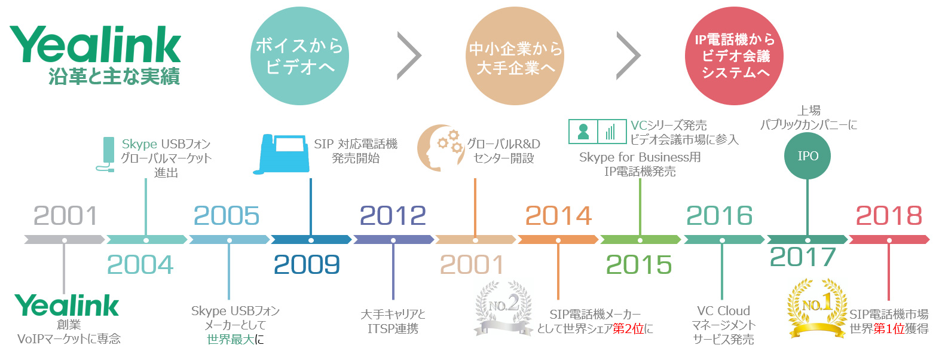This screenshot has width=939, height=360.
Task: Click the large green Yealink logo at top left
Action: point(96,44)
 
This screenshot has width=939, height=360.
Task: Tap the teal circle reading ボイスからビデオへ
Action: point(299,56)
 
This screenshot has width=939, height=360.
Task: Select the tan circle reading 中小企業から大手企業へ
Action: point(515,56)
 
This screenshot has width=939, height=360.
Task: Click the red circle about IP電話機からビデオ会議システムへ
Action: point(735,56)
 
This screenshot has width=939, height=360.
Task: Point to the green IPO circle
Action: point(808,155)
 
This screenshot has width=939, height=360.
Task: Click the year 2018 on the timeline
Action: point(889,216)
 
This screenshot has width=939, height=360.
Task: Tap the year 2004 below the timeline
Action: point(140,265)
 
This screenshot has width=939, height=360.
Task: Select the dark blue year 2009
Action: point(307,265)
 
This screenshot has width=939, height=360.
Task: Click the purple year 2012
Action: point(393,216)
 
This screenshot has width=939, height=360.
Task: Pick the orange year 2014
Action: point(558,216)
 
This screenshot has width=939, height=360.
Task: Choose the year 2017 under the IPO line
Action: point(803,257)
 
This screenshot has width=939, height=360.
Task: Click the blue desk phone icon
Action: point(282,154)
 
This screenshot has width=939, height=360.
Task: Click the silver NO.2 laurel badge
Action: point(503,309)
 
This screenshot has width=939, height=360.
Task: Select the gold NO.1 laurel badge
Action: point(816,309)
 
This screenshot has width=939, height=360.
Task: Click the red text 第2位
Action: point(628,328)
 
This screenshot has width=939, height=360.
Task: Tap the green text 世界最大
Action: point(231,339)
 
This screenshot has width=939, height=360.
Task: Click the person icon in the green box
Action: point(583,132)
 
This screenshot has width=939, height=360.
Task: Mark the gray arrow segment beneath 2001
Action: point(64,240)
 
